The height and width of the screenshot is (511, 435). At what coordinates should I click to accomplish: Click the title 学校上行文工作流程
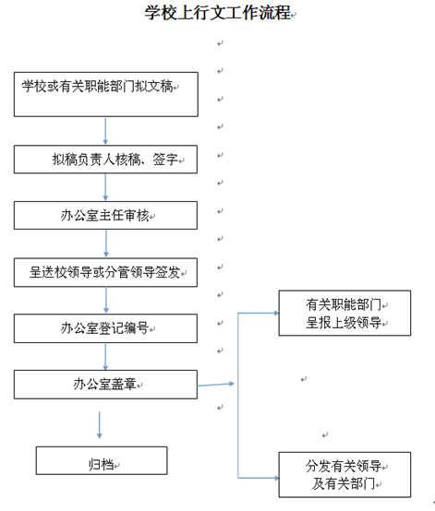point(218,13)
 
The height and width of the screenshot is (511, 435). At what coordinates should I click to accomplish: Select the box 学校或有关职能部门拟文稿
point(106,94)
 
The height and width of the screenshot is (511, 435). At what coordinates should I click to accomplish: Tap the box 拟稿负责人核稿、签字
point(105,160)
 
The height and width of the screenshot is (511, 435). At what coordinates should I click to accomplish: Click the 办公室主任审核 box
point(105,216)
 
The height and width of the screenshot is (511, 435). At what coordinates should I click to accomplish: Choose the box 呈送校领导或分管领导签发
point(105,272)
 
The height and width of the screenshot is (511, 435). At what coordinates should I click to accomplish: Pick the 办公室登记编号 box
point(105,328)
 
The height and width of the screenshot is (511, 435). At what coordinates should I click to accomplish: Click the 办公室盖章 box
point(105,385)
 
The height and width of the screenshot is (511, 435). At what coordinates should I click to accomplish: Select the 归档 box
point(102,460)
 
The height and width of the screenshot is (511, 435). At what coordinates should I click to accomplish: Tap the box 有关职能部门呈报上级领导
point(344,314)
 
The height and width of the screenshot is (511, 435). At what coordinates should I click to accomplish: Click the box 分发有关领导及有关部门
point(344,475)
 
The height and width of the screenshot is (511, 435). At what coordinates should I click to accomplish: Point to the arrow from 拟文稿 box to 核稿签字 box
point(105,131)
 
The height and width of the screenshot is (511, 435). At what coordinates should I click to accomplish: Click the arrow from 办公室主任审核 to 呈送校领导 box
point(105,244)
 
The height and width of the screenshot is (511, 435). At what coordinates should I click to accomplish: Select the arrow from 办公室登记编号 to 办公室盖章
point(105,357)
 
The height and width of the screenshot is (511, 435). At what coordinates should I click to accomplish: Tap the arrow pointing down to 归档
point(100,425)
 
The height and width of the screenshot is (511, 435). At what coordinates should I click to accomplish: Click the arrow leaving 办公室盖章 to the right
point(216,385)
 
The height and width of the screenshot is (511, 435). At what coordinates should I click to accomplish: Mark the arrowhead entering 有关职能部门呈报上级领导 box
point(276,314)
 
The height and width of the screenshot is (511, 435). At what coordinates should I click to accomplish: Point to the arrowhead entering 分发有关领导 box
point(276,478)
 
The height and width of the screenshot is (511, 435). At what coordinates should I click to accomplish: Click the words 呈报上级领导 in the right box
point(344,323)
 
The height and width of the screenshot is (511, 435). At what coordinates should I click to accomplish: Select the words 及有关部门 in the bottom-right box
point(344,483)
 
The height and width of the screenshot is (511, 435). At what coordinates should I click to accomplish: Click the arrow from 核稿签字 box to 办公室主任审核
point(105,187)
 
